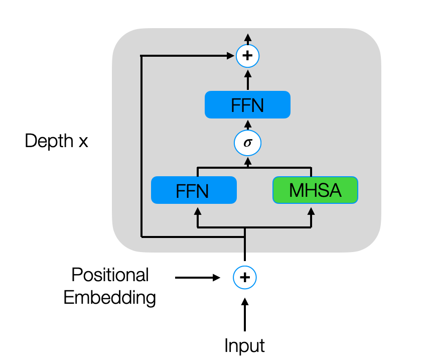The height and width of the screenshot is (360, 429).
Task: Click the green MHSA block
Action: (315, 190)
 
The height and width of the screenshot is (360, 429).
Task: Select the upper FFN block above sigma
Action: (247, 104)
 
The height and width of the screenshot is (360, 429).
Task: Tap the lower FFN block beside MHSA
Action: (194, 190)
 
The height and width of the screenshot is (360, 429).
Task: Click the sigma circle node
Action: (247, 143)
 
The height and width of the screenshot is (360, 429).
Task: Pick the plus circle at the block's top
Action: (247, 56)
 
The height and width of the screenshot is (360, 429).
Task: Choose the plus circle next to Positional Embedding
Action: (245, 277)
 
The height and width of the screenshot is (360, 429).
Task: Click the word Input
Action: (244, 345)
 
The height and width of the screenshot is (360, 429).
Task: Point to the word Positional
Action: (110, 275)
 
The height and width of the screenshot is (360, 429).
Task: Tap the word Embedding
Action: (110, 298)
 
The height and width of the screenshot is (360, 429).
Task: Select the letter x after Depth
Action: (83, 142)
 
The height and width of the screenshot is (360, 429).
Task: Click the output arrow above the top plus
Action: (247, 38)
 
